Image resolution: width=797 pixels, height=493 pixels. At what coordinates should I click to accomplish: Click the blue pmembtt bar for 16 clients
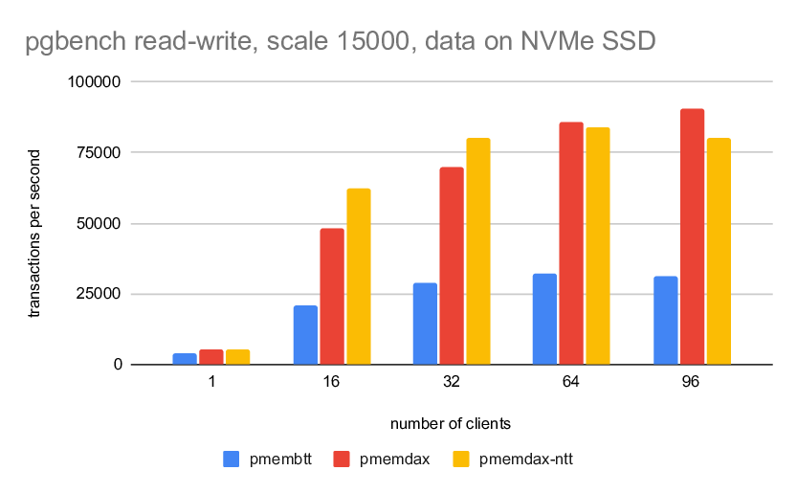(305, 335)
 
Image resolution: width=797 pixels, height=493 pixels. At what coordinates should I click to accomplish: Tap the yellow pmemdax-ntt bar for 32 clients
(478, 251)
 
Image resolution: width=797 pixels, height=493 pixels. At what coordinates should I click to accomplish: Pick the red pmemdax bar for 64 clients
(571, 243)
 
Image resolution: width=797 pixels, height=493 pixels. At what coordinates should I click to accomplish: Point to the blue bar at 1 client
(185, 359)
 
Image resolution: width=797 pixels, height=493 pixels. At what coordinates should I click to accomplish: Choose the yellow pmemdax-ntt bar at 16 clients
(359, 277)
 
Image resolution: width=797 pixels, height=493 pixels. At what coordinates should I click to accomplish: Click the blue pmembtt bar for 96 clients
(665, 320)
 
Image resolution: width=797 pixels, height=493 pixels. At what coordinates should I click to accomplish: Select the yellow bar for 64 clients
(598, 246)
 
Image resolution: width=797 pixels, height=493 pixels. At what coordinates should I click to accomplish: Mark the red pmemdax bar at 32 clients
(452, 265)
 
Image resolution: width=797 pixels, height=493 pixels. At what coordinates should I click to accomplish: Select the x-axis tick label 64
(571, 381)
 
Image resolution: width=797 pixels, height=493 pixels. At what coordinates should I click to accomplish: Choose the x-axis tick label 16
(332, 381)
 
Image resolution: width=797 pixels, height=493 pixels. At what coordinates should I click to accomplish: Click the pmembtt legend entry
(267, 459)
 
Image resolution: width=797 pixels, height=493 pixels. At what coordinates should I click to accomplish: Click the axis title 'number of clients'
(450, 422)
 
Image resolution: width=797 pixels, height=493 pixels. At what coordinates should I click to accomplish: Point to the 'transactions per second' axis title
(34, 234)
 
